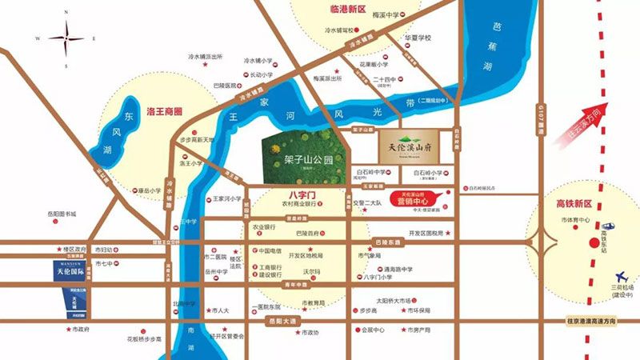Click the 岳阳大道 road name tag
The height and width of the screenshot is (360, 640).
280,321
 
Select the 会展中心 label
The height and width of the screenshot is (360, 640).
373,330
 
